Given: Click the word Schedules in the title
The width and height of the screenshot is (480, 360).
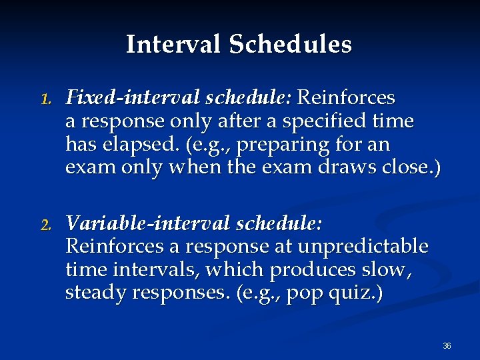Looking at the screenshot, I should point(290,45).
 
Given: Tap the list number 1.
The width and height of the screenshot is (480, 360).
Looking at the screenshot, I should point(45,99).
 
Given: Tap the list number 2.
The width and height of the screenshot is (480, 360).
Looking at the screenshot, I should point(45,225).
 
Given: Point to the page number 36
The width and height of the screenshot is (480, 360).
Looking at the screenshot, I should point(447,346).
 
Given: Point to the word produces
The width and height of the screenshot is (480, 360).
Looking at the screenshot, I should point(305,270).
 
